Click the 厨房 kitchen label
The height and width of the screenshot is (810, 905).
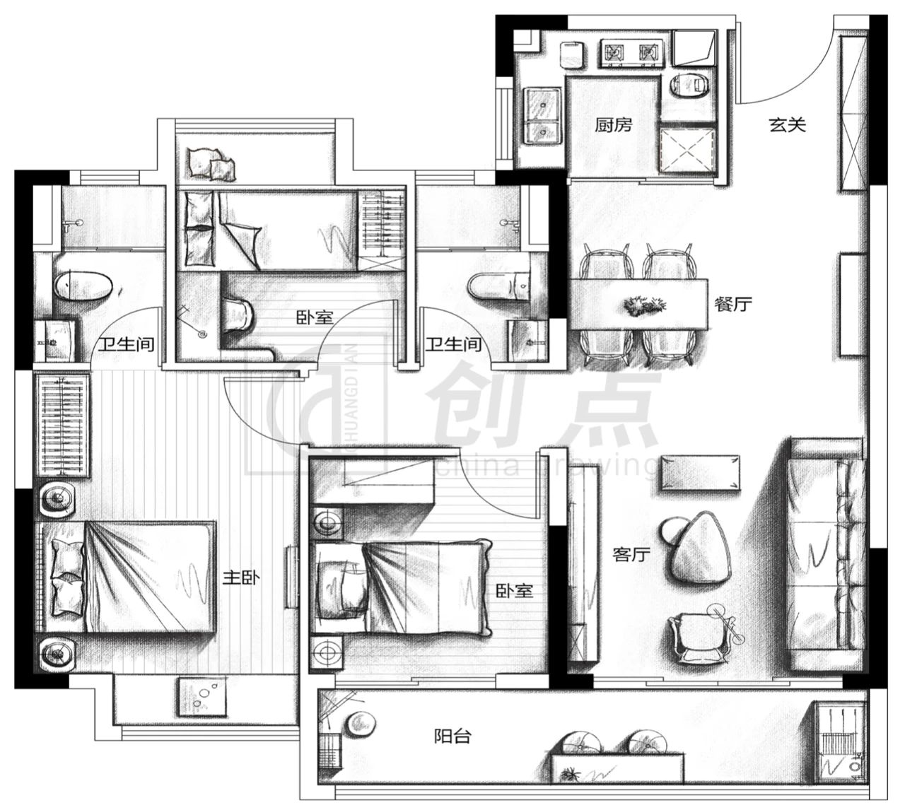pos(613,126)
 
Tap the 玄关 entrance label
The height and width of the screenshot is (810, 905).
pos(787,126)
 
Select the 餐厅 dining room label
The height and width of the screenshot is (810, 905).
pos(733,305)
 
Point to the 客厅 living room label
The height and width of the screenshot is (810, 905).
pos(631,554)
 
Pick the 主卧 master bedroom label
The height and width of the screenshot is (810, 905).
pos(241,578)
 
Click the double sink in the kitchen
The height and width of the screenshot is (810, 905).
pos(542,116)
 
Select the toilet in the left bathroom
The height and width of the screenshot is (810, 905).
pos(83,286)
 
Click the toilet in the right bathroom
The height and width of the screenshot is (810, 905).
pos(498,286)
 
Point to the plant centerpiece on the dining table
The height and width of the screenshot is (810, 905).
pos(644,305)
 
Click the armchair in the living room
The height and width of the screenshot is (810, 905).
pos(703,634)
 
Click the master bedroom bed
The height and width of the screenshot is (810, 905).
pos(125,577)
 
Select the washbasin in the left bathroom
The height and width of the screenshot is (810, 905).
pos(55,341)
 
